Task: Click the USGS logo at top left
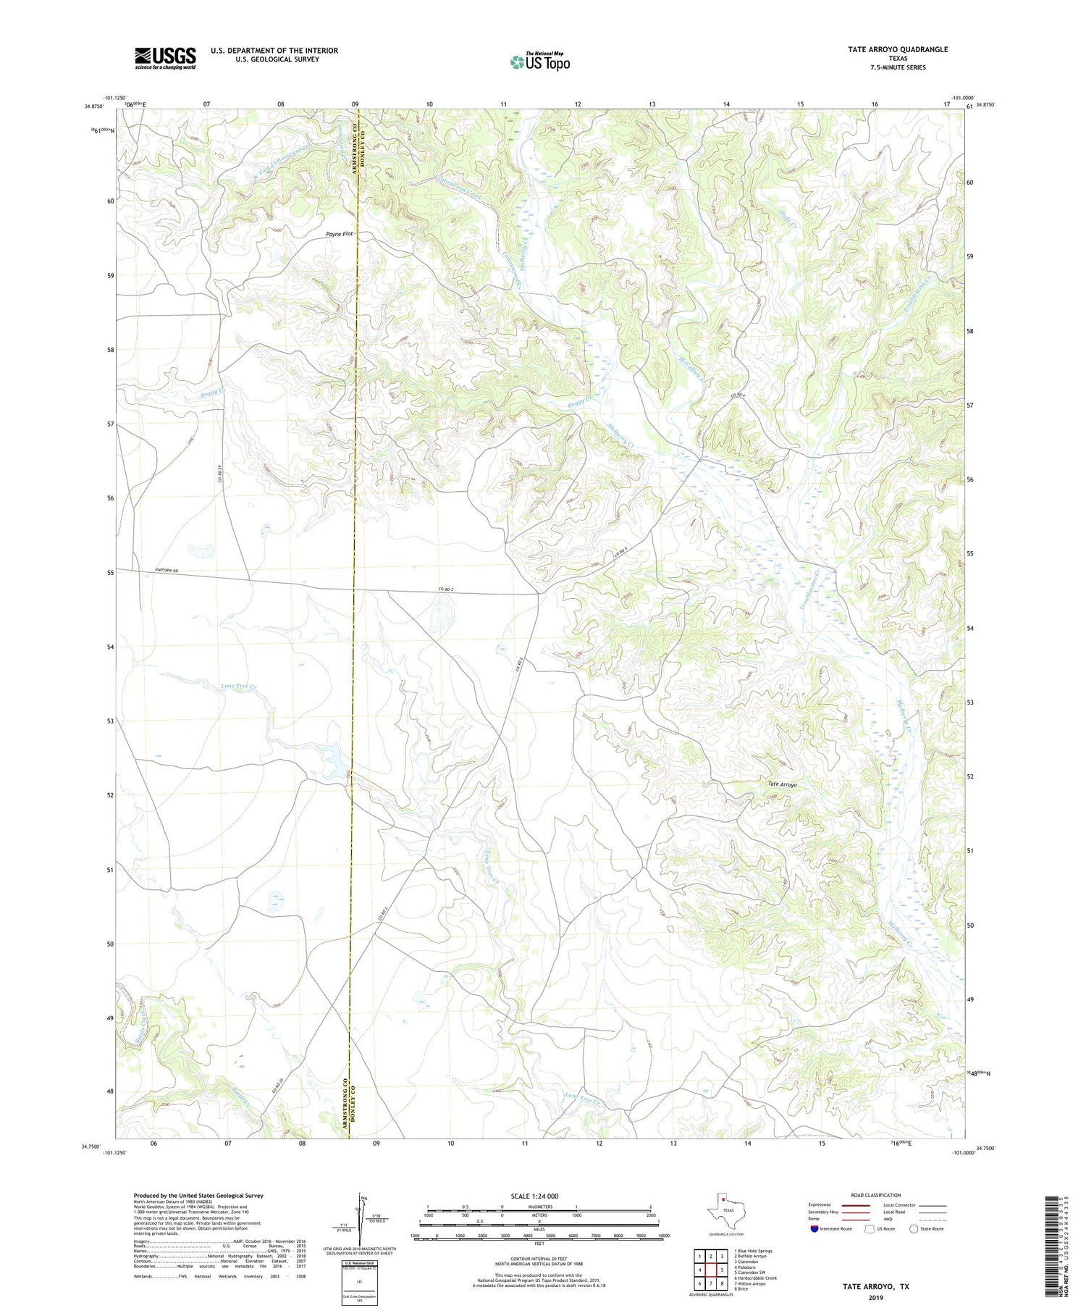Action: click(165, 58)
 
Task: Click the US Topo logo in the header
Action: click(539, 62)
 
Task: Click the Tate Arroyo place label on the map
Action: click(782, 784)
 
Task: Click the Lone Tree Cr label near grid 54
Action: click(239, 685)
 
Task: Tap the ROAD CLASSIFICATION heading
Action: click(876, 1195)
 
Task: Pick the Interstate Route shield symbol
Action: click(814, 1228)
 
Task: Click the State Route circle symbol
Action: click(914, 1228)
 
